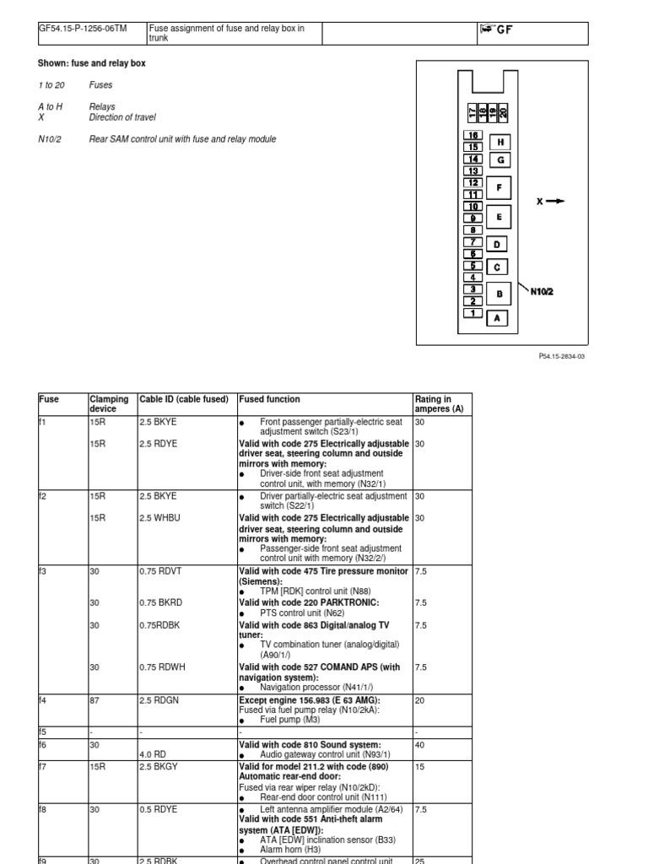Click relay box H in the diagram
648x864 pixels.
tap(500, 143)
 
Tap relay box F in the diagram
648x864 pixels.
tap(499, 187)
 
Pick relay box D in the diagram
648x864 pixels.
tap(497, 245)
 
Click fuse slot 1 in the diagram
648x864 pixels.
tap(472, 313)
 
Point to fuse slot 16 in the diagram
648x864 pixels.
tap(473, 135)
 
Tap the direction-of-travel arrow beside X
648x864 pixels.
tap(554, 201)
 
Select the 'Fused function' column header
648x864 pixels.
tap(269, 399)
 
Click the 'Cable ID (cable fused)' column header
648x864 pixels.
tap(184, 399)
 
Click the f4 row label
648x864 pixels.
tap(44, 699)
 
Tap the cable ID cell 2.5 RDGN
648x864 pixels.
tap(158, 699)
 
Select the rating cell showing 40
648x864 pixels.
tap(421, 745)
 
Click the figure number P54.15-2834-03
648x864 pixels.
tap(557, 356)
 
